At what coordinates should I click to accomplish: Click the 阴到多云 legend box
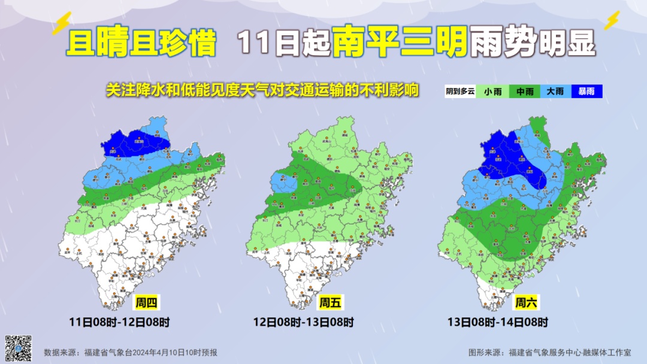coord(460,92)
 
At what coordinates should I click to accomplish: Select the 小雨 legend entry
coord(493,92)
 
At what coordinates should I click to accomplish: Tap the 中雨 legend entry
coord(525,92)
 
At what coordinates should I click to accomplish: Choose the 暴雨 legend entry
coord(586,92)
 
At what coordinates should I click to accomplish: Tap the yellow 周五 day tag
coord(329,303)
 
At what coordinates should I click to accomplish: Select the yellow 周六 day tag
coord(525,303)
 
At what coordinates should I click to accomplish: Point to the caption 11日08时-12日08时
coord(119,322)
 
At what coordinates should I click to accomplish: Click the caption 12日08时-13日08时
coord(303,322)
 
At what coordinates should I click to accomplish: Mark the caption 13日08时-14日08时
coord(498,322)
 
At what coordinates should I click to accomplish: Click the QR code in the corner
coord(18,348)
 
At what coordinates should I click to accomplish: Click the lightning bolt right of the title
coord(612,21)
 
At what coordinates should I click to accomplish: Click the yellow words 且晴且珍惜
coord(142,43)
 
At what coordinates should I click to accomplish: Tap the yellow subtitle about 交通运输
coord(262,90)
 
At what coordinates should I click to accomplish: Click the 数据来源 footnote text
coord(131,353)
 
